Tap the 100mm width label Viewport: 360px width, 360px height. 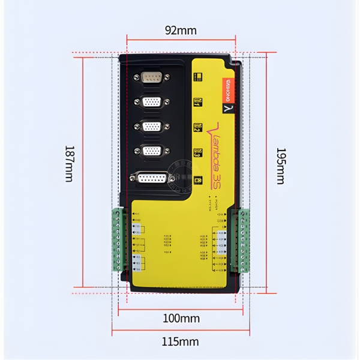click(181, 319)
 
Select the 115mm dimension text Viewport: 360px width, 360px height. click(181, 342)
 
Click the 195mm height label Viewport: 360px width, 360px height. click(280, 166)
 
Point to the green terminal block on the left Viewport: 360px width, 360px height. click(118, 240)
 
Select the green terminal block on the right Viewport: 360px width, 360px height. click(244, 240)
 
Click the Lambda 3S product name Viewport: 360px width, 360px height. click(215, 153)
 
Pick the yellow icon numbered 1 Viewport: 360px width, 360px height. click(197, 102)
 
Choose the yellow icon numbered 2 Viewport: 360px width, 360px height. click(197, 127)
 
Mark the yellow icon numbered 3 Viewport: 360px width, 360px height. click(197, 152)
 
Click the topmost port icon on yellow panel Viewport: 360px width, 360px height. click(197, 76)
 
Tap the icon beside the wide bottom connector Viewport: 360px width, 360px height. click(197, 179)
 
